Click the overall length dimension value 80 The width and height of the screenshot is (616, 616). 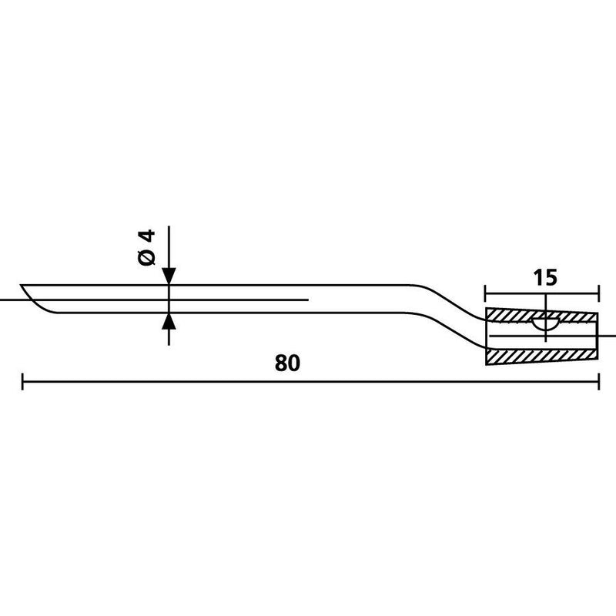click(x=287, y=363)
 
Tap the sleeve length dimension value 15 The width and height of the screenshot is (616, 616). click(x=545, y=278)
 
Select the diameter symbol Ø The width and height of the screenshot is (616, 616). click(x=147, y=257)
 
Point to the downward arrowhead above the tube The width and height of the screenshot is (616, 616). click(x=169, y=276)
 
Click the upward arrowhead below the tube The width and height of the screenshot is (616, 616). click(x=169, y=321)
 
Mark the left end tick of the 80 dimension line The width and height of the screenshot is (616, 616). click(x=22, y=381)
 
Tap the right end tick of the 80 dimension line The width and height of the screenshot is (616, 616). click(x=599, y=381)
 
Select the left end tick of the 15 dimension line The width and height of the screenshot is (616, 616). click(x=486, y=293)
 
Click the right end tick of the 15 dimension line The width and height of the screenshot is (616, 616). click(x=599, y=293)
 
